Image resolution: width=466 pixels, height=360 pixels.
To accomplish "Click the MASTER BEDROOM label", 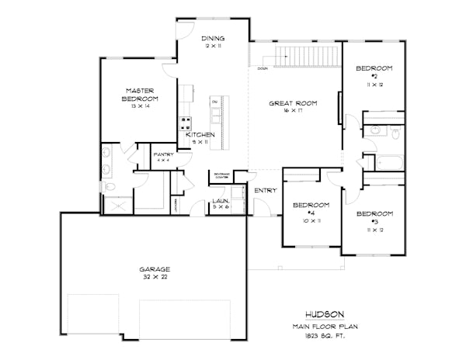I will point(140,95).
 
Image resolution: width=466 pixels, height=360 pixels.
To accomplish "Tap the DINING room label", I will point(213,39).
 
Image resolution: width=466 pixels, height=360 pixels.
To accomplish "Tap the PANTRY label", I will point(162,156).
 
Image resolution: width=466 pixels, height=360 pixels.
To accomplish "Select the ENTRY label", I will point(266,190).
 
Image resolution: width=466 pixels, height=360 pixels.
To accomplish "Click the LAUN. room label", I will point(221,203).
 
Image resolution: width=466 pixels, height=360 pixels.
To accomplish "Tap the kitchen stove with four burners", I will point(186,122).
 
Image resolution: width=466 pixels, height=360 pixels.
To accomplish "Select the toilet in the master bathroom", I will point(110,188).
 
